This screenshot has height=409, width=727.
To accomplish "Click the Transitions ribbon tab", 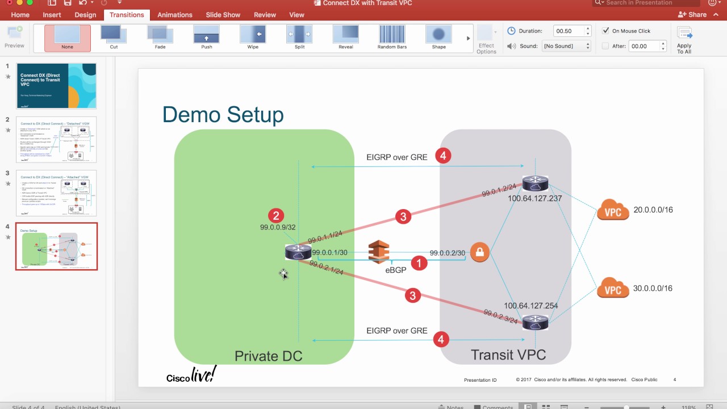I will (127, 15).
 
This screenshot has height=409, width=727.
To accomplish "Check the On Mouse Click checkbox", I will (606, 31).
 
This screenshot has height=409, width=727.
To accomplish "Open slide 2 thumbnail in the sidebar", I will (56, 140).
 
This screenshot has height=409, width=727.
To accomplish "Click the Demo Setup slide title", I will (223, 114).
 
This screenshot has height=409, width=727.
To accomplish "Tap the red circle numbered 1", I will (419, 263).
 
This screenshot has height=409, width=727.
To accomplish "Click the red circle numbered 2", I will (276, 215).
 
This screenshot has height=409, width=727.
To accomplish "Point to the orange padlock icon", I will (479, 252).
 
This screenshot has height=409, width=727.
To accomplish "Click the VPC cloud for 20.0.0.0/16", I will (613, 211).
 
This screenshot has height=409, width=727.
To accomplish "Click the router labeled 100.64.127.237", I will (535, 183).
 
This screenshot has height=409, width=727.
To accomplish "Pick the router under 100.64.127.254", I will (535, 322).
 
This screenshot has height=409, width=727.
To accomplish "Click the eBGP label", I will (396, 270).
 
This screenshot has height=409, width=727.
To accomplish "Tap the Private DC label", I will (268, 356).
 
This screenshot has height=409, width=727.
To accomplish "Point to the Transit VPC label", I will (508, 355).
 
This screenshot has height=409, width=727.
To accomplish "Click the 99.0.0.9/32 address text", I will (278, 227).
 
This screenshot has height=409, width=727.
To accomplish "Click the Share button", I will (692, 15).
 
